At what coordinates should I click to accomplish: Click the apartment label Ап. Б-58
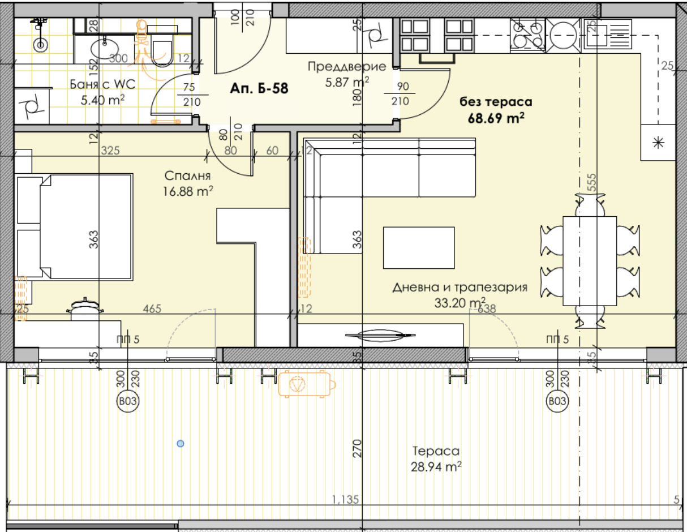click(259, 88)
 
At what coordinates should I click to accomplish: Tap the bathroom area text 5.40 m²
click(102, 100)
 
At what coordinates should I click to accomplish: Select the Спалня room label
click(187, 176)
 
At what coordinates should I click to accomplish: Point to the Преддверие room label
click(347, 67)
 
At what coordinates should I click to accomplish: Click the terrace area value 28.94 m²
click(436, 466)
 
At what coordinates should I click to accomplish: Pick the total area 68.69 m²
click(496, 118)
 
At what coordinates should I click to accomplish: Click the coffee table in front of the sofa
click(419, 248)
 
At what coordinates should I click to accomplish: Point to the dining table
click(590, 261)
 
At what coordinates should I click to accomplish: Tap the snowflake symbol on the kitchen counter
click(659, 143)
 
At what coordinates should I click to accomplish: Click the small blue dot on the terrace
click(181, 444)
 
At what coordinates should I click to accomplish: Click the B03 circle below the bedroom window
click(128, 401)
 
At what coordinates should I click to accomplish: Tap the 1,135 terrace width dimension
click(345, 499)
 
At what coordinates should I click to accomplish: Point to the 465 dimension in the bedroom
click(152, 308)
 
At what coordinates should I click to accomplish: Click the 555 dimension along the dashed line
click(591, 182)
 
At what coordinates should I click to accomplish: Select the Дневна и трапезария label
click(460, 288)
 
